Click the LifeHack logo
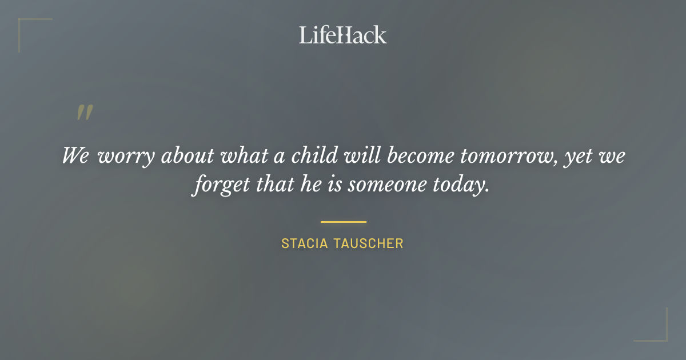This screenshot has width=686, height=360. click(x=342, y=35)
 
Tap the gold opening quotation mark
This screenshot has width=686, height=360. click(x=85, y=113)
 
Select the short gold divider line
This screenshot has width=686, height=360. click(x=343, y=222)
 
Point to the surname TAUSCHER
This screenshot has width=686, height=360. click(x=369, y=243)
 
